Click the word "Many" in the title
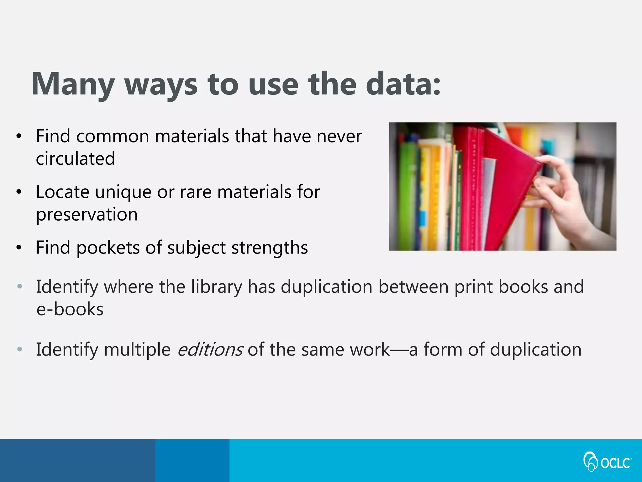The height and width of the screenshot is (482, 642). (73, 84)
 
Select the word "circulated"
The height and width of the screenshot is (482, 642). (76, 158)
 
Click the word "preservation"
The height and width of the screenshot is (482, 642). (87, 215)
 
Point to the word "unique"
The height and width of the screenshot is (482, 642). (124, 192)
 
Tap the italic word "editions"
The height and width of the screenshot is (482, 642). (210, 350)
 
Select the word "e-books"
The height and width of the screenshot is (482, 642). (70, 309)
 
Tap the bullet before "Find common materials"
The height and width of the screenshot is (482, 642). (19, 137)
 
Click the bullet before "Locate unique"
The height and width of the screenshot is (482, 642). (19, 192)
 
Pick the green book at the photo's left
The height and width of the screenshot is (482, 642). (406, 195)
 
